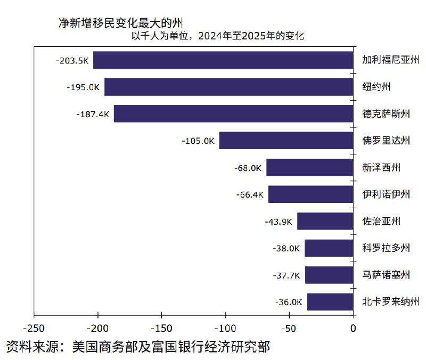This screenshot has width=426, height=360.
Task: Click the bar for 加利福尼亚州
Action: coord(223,60)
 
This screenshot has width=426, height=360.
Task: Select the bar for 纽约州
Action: coord(228,87)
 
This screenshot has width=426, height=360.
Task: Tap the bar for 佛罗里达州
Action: coord(286,141)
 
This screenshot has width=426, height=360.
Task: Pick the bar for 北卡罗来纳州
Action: coord(330,302)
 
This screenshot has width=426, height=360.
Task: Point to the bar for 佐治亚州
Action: coord(325,221)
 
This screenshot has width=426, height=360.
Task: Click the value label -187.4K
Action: coord(93,114)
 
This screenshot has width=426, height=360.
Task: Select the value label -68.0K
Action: coord(248,168)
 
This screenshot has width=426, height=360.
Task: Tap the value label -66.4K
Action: coord(250,194)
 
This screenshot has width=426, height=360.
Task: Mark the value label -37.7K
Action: coord(286,275)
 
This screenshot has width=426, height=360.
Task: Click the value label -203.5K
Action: coord(72,60)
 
